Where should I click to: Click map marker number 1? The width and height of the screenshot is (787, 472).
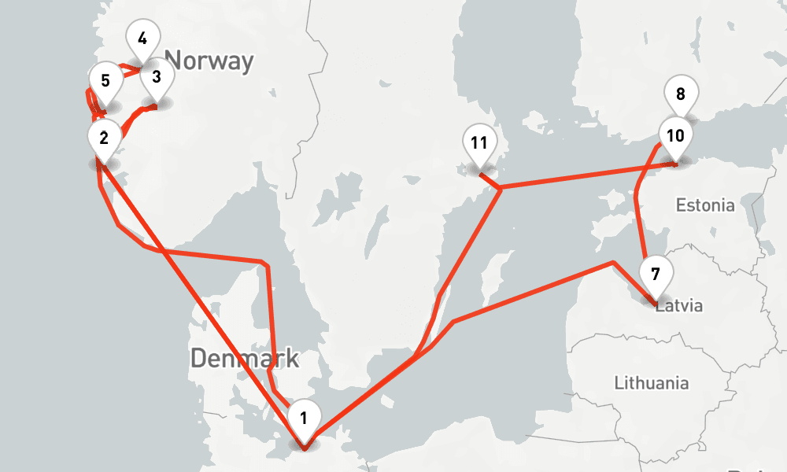tap(304, 415)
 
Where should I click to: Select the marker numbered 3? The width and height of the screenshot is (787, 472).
tap(156, 76)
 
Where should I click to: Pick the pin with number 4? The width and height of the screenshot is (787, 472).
tap(142, 39)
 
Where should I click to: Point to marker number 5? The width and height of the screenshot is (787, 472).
tap(105, 79)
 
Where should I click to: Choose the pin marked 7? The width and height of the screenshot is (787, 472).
tap(656, 275)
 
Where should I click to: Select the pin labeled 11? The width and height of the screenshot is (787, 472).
tap(479, 142)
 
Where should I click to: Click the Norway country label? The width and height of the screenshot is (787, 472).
tap(210, 61)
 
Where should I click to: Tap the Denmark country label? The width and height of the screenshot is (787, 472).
tap(245, 359)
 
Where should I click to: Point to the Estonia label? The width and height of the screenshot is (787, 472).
tap(705, 206)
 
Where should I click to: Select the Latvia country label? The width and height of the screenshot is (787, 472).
tap(678, 306)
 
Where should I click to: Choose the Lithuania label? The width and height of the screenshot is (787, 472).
tap(651, 383)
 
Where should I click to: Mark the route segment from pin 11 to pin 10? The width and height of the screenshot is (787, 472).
tap(582, 176)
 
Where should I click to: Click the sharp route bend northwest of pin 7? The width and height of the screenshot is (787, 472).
tap(612, 263)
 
